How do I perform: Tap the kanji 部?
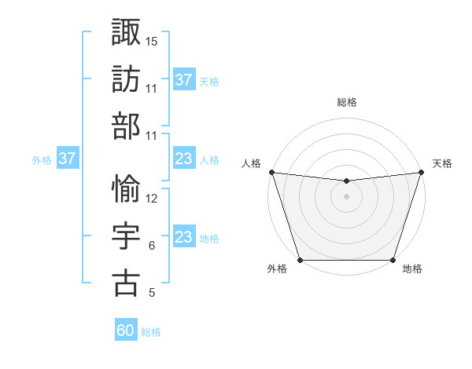126,126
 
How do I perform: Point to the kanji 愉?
126,188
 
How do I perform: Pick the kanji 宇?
126,236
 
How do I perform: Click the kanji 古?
126,283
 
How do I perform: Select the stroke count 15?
152,41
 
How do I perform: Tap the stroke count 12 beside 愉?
152,199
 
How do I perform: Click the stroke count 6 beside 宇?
151,246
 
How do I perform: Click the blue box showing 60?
126,331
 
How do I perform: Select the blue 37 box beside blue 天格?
184,80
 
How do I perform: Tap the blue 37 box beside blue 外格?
68,159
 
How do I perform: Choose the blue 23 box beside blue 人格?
184,159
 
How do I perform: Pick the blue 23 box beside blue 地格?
184,238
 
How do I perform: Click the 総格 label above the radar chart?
346,102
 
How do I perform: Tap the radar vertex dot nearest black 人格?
271,172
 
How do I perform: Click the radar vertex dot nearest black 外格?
300,260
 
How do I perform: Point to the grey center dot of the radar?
346,196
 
